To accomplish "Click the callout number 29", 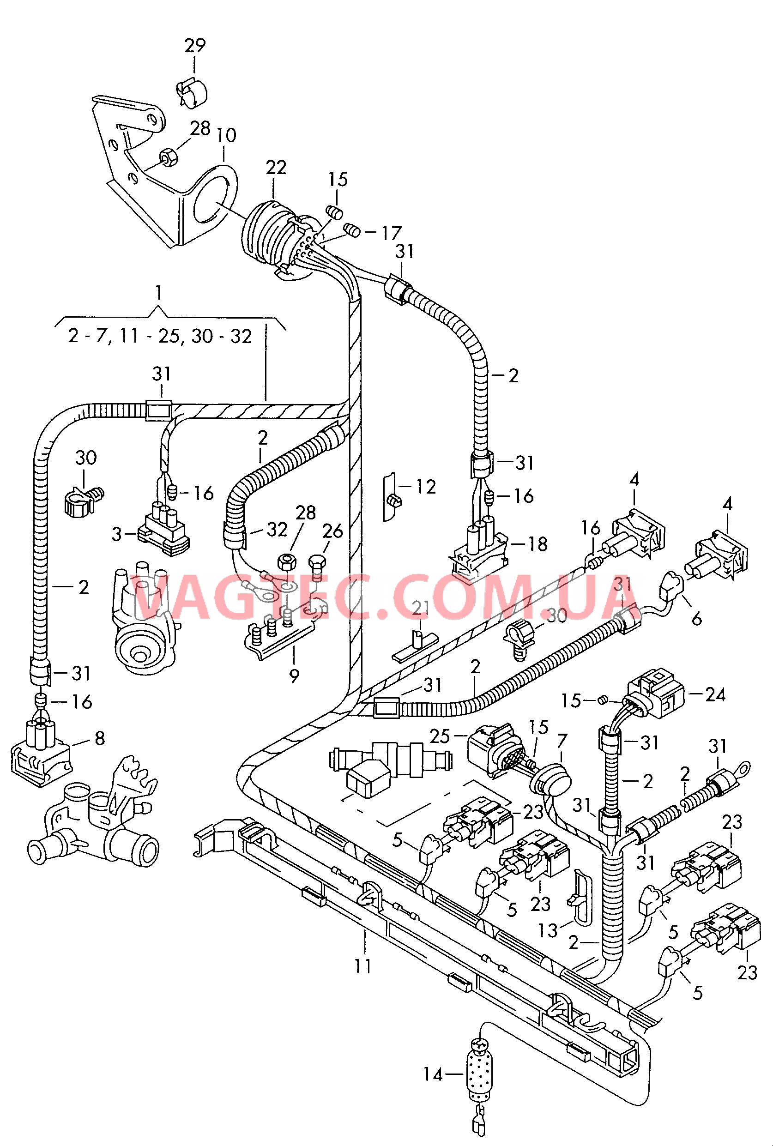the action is coord(195,45).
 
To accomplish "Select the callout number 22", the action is coord(276,168).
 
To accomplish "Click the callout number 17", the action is coord(392,233).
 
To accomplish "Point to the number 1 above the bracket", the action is coord(158,293).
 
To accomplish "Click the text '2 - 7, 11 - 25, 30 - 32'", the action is coord(160,336).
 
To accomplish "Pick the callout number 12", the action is coord(426,487).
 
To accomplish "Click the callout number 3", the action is coord(116,534).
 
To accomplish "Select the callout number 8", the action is coord(100,738).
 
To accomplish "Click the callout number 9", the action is coord(294,676).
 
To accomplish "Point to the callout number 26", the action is coord(333,531).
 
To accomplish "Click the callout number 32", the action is coord(277,530).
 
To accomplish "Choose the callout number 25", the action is coord(440,736).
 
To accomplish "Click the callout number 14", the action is coord(433,1074).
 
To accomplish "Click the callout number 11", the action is coord(363,966).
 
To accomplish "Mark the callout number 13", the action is coord(547,930).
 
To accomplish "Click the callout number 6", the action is coord(697,619).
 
